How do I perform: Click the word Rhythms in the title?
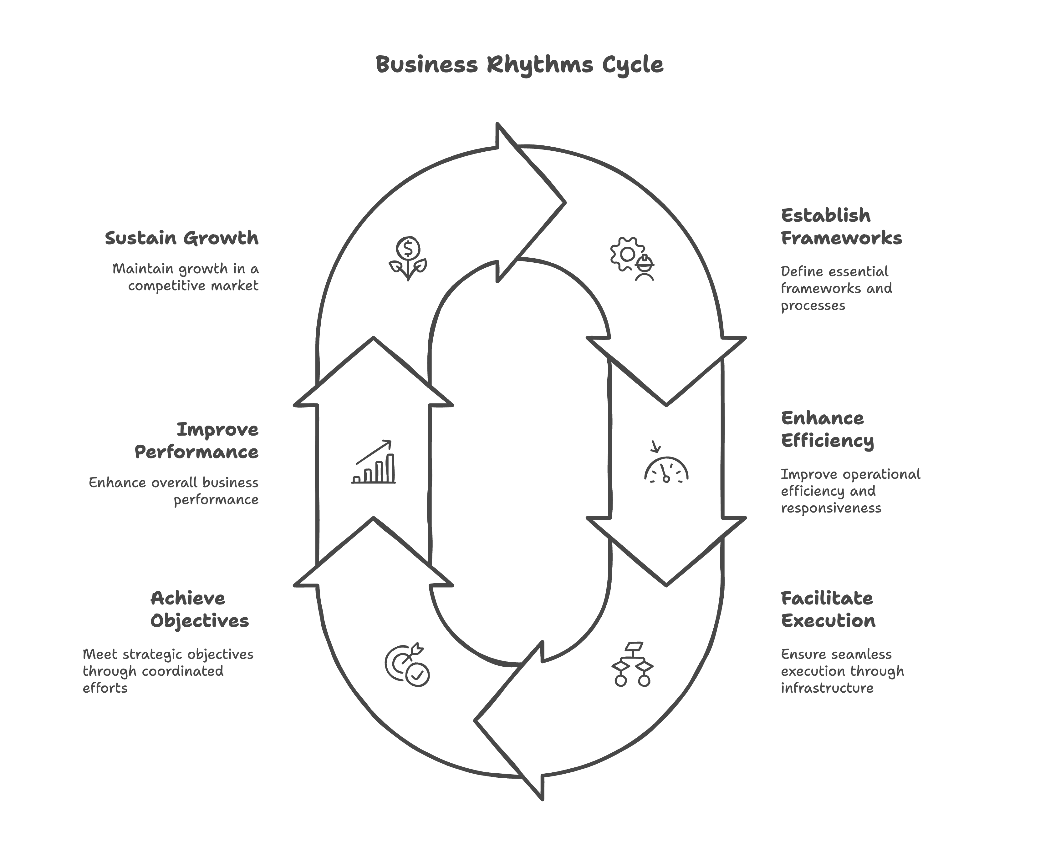(539, 65)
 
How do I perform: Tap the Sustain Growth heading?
(182, 238)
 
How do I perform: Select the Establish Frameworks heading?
(841, 227)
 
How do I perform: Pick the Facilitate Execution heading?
(828, 609)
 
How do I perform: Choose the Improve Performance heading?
(196, 440)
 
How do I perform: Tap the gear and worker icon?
(632, 259)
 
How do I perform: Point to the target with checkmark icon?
(407, 665)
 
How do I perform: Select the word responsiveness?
(831, 508)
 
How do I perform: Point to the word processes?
(813, 306)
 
